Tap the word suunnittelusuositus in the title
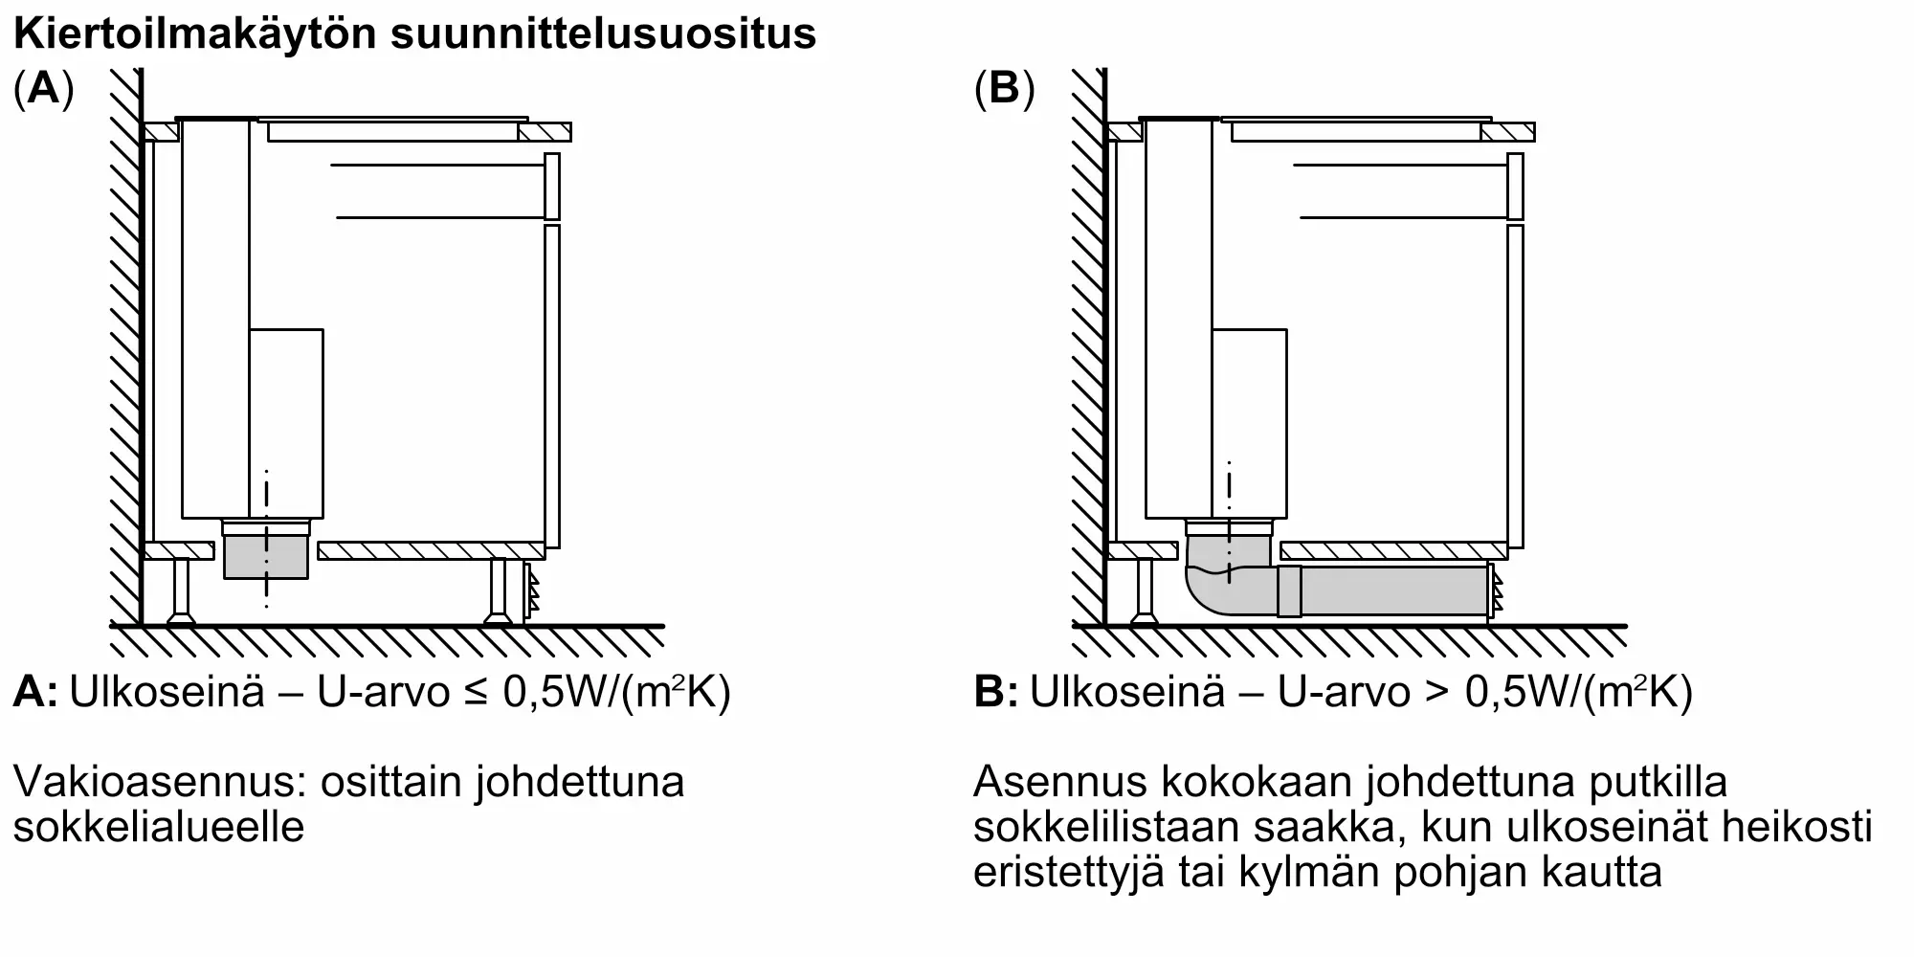[x=603, y=35]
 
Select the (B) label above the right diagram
[x=1004, y=91]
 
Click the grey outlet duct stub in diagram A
[x=266, y=559]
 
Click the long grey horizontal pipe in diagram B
[x=1393, y=590]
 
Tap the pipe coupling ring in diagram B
[x=1289, y=591]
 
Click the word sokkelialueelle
[x=159, y=827]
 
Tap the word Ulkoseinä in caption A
[x=167, y=692]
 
